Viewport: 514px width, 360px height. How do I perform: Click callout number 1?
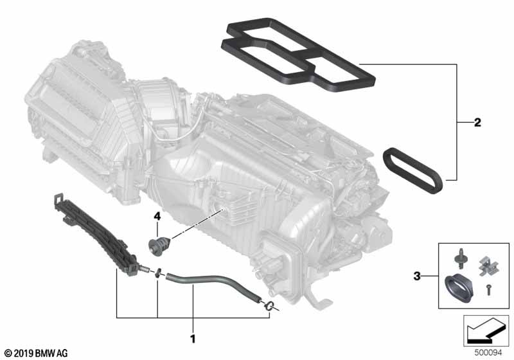click(x=193, y=338)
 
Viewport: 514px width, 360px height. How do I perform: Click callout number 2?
click(x=477, y=123)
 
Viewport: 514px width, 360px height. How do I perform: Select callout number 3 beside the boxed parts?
click(x=416, y=276)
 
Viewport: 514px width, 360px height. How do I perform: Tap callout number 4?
click(x=157, y=216)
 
